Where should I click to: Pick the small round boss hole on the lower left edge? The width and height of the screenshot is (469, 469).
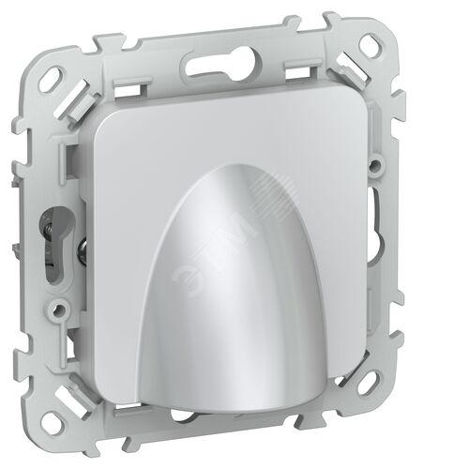coord(57,310)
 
